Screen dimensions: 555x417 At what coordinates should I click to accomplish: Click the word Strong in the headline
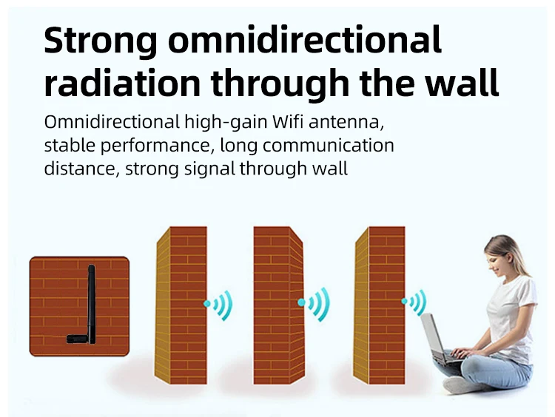(101, 41)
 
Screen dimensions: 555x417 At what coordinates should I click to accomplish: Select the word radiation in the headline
(122, 82)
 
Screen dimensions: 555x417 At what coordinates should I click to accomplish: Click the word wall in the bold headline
(462, 82)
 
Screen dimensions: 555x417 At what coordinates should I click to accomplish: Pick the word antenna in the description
(346, 123)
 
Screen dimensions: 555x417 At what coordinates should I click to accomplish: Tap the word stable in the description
(70, 146)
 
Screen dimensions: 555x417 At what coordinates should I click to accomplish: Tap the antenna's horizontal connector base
(78, 339)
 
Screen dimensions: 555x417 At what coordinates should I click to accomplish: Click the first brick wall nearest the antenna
(181, 305)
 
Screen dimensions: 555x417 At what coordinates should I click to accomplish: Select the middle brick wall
(278, 305)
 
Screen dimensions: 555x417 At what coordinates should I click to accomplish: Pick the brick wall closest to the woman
(379, 305)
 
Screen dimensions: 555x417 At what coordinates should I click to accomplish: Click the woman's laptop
(437, 339)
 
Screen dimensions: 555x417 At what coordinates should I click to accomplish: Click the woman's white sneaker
(460, 384)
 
